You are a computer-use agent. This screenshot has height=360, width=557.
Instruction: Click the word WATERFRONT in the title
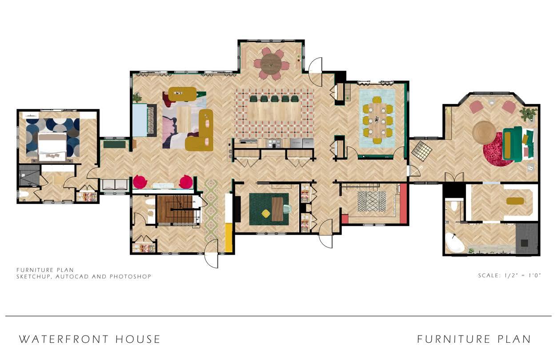pos(64,340)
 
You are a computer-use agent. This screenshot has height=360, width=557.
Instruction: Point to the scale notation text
pos(509,276)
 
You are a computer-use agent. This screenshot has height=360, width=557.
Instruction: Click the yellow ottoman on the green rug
pos(265,213)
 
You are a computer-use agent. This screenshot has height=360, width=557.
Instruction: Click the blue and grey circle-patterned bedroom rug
pos(53,137)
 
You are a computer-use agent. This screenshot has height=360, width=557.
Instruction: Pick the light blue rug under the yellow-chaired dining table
pos(377,118)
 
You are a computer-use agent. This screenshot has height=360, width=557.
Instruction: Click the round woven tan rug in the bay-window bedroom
pos(484,132)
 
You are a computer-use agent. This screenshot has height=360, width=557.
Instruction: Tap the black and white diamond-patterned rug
pos(372,202)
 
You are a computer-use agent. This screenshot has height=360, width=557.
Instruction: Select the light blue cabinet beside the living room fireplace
pos(140,120)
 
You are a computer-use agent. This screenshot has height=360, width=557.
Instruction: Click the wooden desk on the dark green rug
pos(277,209)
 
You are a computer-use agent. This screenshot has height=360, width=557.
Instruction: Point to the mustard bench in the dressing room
pos(515,201)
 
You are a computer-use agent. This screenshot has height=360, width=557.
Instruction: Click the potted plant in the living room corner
pos(137,97)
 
